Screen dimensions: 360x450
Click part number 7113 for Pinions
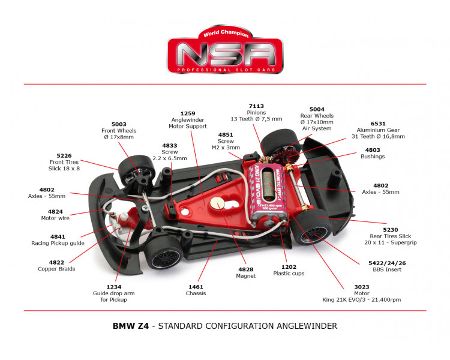click(x=256, y=106)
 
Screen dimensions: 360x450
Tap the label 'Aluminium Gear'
click(x=379, y=130)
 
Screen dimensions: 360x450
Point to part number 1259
click(x=188, y=113)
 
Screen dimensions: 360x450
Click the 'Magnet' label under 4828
click(x=246, y=275)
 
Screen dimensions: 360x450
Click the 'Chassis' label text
click(x=196, y=293)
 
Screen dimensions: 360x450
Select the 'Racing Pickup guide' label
click(x=58, y=243)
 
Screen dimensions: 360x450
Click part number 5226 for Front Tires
click(x=64, y=155)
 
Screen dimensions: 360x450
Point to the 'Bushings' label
click(x=373, y=157)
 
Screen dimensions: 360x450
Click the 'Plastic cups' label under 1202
click(x=289, y=273)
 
